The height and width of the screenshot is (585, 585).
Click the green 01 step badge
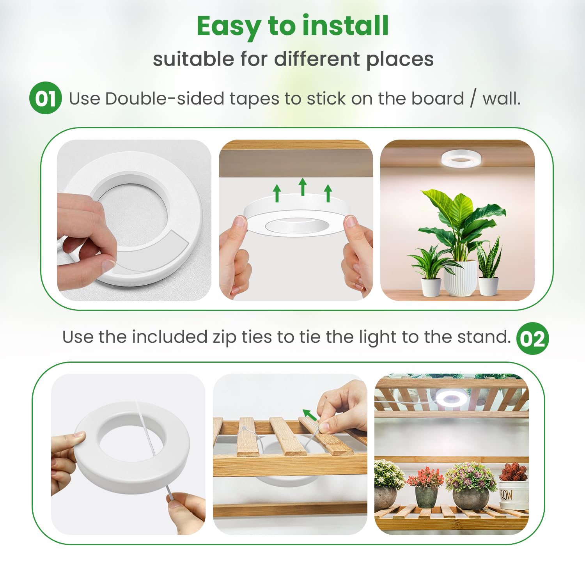click(x=46, y=98)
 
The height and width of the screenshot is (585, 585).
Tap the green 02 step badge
click(x=532, y=339)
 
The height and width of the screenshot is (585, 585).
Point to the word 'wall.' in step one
click(x=502, y=98)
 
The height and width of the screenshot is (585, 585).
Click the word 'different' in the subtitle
click(x=317, y=59)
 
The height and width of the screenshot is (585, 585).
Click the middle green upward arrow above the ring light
click(x=303, y=186)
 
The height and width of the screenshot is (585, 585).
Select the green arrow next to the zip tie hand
click(x=310, y=415)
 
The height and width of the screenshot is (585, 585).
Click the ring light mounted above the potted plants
click(x=461, y=158)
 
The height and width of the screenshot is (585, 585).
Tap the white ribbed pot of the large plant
click(x=460, y=278)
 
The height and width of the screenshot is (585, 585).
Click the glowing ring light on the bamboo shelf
click(x=450, y=398)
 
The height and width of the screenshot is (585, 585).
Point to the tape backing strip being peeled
click(x=144, y=250)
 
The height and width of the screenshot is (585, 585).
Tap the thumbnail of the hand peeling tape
click(x=134, y=220)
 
